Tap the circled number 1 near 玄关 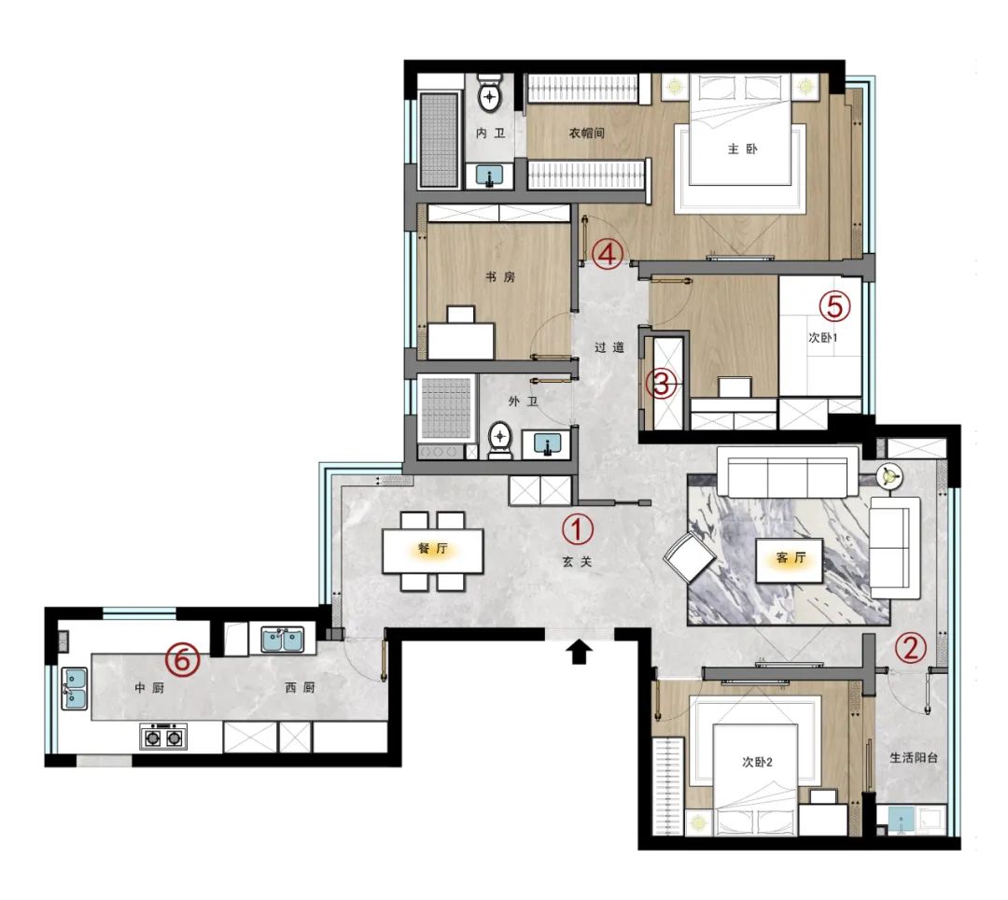pyautogui.click(x=577, y=529)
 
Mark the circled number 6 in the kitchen pyautogui.click(x=183, y=660)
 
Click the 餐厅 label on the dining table pyautogui.click(x=432, y=550)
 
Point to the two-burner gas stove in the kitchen pyautogui.click(x=163, y=737)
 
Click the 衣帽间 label pyautogui.click(x=587, y=134)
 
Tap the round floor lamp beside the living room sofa pyautogui.click(x=888, y=476)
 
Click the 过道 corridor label pyautogui.click(x=609, y=347)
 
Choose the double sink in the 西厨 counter pyautogui.click(x=281, y=640)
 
